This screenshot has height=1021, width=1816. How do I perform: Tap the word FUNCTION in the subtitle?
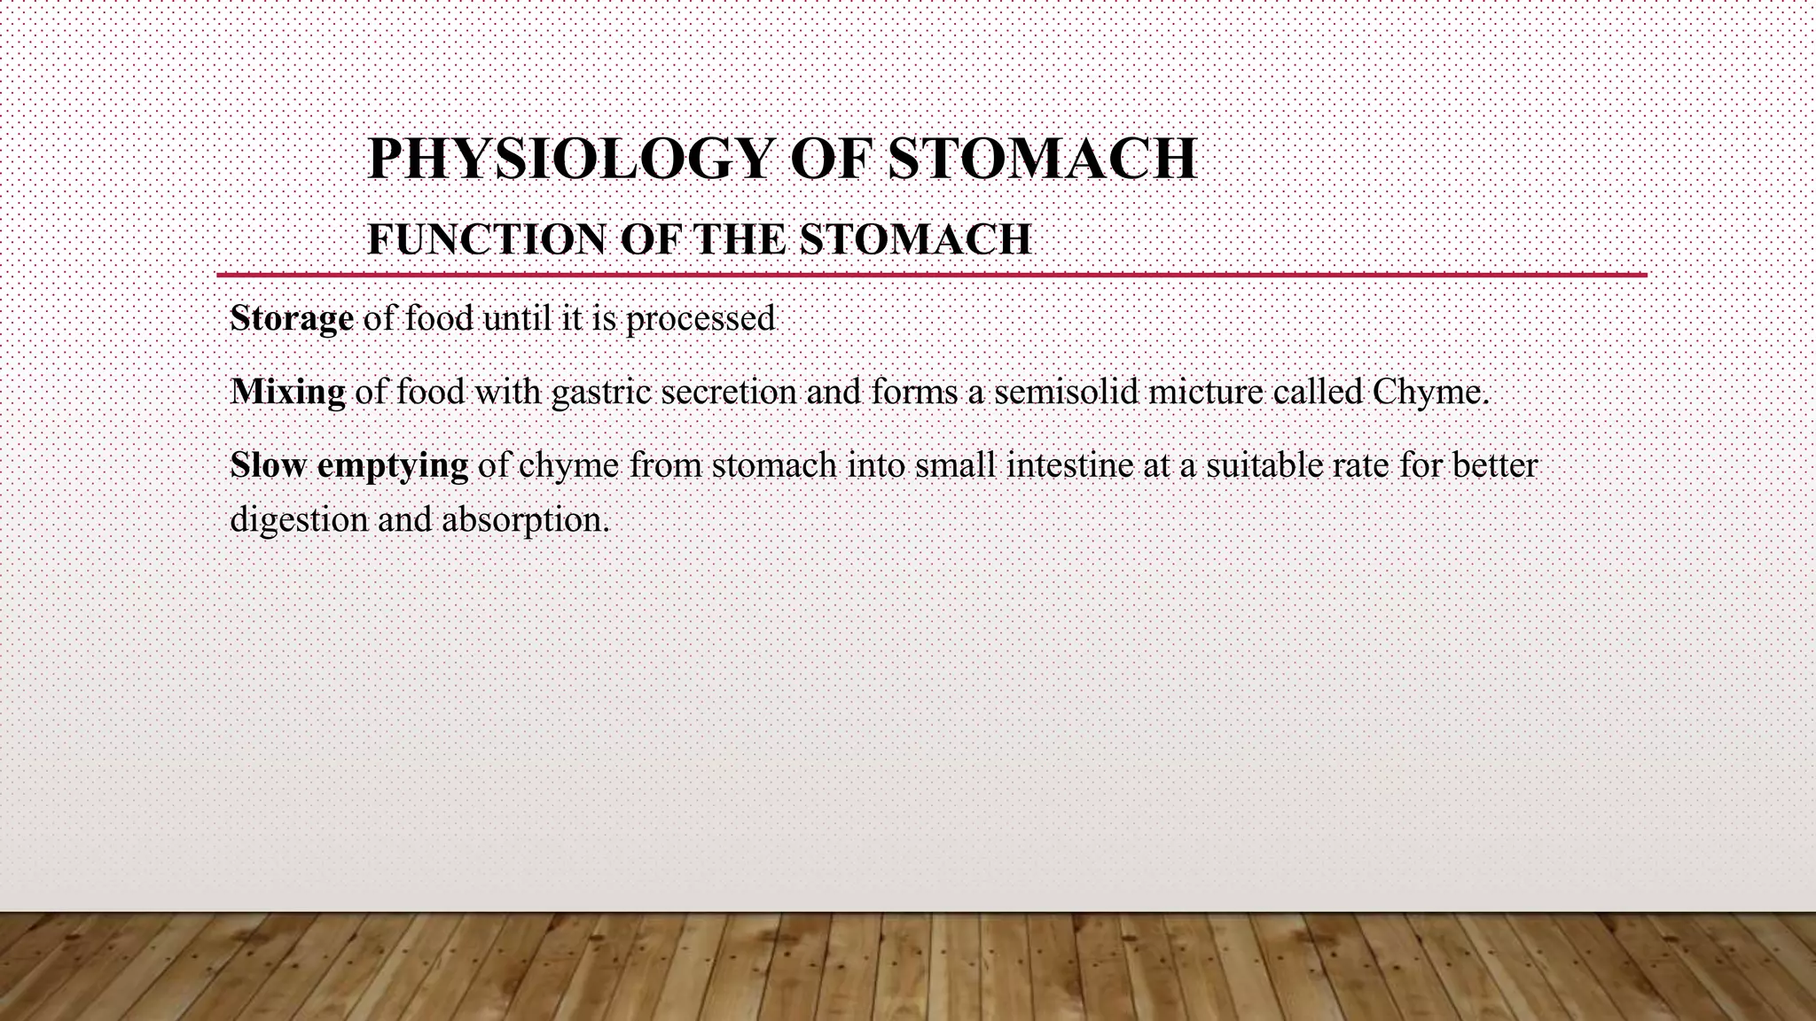click(x=486, y=239)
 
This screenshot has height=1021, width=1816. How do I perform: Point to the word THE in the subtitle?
click(x=739, y=239)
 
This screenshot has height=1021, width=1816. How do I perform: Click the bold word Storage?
click(x=292, y=318)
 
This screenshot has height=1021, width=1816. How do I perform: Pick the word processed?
click(x=701, y=318)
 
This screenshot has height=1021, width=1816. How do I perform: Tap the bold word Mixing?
click(x=287, y=391)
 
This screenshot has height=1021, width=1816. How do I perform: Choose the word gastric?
click(x=601, y=391)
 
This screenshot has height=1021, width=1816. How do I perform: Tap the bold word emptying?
click(x=393, y=465)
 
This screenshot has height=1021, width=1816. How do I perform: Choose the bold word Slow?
click(x=268, y=464)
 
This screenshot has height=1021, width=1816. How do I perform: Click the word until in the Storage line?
click(x=513, y=318)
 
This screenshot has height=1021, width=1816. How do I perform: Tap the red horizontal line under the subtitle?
click(x=931, y=276)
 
